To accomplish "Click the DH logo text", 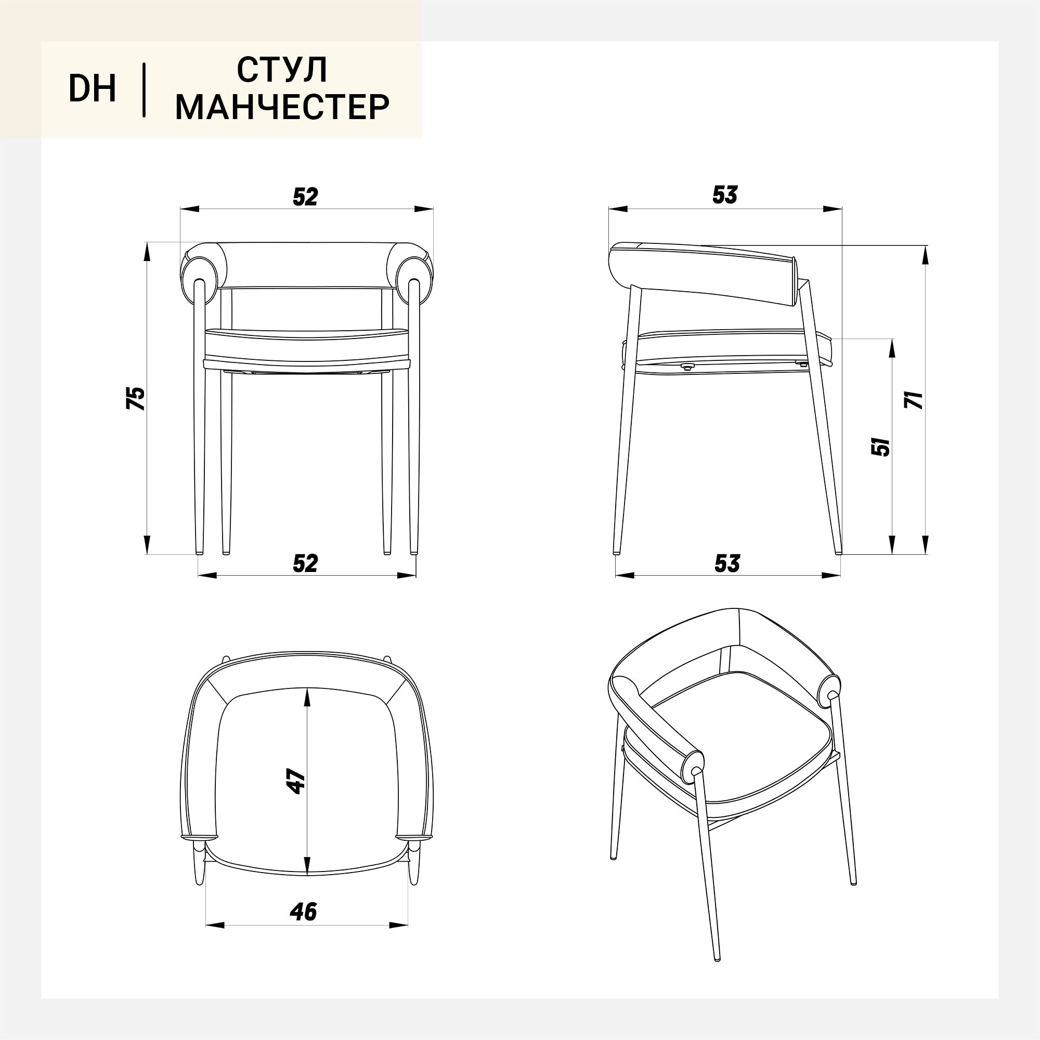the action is [92, 89].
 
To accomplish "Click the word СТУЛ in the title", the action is [282, 70].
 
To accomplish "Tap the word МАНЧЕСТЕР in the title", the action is [282, 107].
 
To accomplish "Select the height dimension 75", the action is [136, 398].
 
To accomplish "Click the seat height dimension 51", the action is [881, 446].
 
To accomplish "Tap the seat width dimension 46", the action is [304, 912].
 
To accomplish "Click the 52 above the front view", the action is [306, 197].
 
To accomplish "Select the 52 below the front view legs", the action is [306, 563].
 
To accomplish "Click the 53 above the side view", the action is [725, 196].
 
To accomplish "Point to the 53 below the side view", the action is [727, 563].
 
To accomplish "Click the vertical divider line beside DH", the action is [144, 89].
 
